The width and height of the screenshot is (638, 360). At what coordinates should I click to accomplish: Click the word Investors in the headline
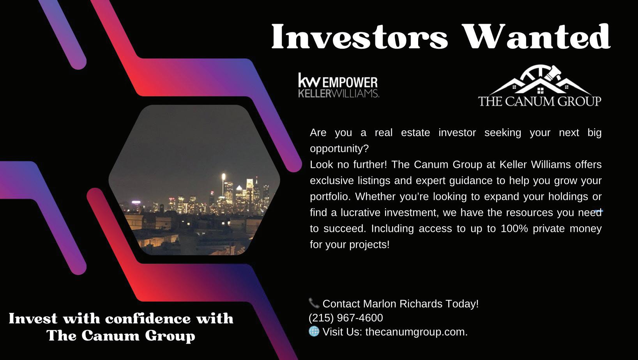[360, 37]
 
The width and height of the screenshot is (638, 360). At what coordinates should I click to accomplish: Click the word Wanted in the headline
[537, 37]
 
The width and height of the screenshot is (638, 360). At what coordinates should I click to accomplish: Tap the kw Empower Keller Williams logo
[338, 85]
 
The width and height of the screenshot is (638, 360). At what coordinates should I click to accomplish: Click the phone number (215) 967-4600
[346, 318]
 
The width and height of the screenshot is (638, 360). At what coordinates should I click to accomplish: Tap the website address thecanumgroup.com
[416, 332]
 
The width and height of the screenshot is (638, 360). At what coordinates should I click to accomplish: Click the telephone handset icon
[314, 303]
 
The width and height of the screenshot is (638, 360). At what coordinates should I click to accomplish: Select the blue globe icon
[314, 331]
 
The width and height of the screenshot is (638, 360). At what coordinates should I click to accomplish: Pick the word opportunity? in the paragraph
[339, 149]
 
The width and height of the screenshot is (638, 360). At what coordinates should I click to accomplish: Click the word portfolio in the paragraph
[330, 197]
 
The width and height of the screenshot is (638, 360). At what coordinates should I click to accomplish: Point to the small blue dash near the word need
[599, 211]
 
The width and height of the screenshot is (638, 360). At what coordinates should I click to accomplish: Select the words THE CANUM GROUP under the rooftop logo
[540, 101]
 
